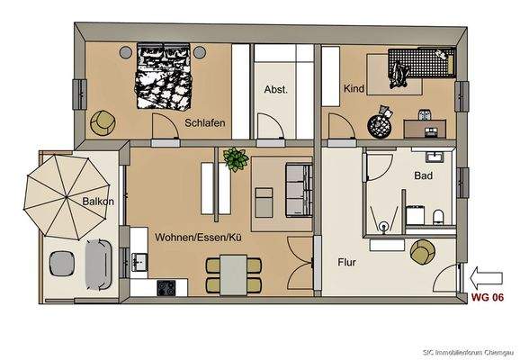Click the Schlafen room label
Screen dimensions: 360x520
204,122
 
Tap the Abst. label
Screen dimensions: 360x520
275,89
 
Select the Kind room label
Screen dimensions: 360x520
353,89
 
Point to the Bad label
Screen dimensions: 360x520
425,175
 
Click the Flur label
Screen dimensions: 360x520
350,264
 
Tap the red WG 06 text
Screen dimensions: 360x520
485,298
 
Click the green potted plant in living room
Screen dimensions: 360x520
237,159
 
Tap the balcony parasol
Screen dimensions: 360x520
66,192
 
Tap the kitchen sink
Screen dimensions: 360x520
139,262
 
